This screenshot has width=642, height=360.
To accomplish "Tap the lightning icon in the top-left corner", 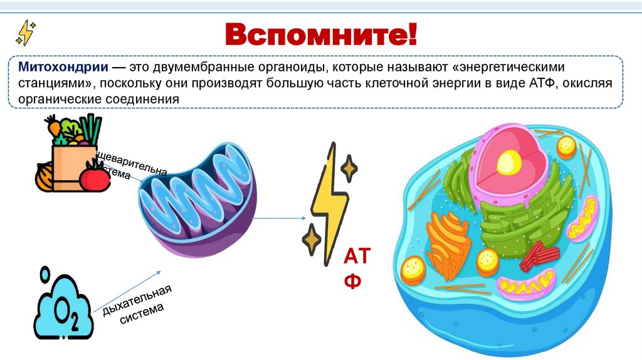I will pos(26,32).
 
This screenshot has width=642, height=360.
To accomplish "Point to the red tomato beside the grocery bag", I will pos(94,176).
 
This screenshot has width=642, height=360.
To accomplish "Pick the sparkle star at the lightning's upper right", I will pos(349,168).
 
